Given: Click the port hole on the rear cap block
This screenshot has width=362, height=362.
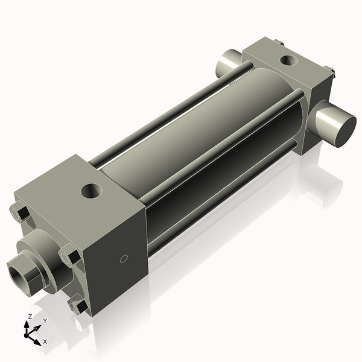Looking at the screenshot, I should pos(289,60).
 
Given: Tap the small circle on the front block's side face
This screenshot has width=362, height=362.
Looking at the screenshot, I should pos(123,259).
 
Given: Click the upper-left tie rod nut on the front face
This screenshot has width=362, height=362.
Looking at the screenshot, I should pos(19,212).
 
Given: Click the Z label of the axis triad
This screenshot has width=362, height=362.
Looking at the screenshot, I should pos(30,316).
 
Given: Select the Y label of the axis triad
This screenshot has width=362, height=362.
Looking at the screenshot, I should pos(45,321).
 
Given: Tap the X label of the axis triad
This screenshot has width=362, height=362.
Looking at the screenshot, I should pos(45,341).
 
